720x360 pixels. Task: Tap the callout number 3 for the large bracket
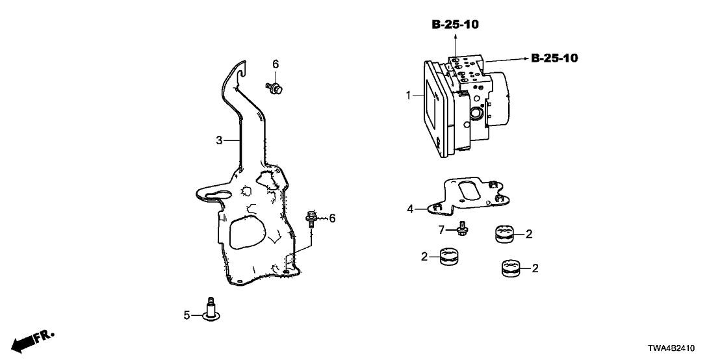pos(220,140)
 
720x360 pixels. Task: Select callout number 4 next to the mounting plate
pos(410,209)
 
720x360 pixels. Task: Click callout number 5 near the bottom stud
pos(186,315)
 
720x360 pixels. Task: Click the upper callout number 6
pos(275,64)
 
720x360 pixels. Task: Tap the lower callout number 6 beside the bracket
pos(332,218)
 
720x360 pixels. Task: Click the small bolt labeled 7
pos(462,229)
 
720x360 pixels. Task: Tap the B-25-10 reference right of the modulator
pos(554,58)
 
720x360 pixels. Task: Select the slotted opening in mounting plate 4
pos(467,192)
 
